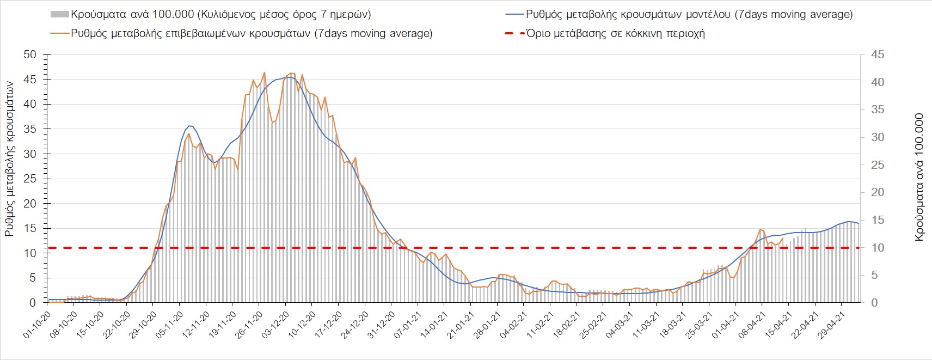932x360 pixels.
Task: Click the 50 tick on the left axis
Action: pos(30,54)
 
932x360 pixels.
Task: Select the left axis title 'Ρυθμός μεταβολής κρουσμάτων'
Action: pos(10,158)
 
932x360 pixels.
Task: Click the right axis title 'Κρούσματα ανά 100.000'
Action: pos(919,177)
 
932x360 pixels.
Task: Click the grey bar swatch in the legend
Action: pos(59,15)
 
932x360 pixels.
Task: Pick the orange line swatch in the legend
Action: pos(59,33)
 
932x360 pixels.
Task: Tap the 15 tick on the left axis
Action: pos(30,228)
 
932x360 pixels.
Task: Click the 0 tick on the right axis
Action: pos(874,303)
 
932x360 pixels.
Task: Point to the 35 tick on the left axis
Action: pos(30,129)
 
